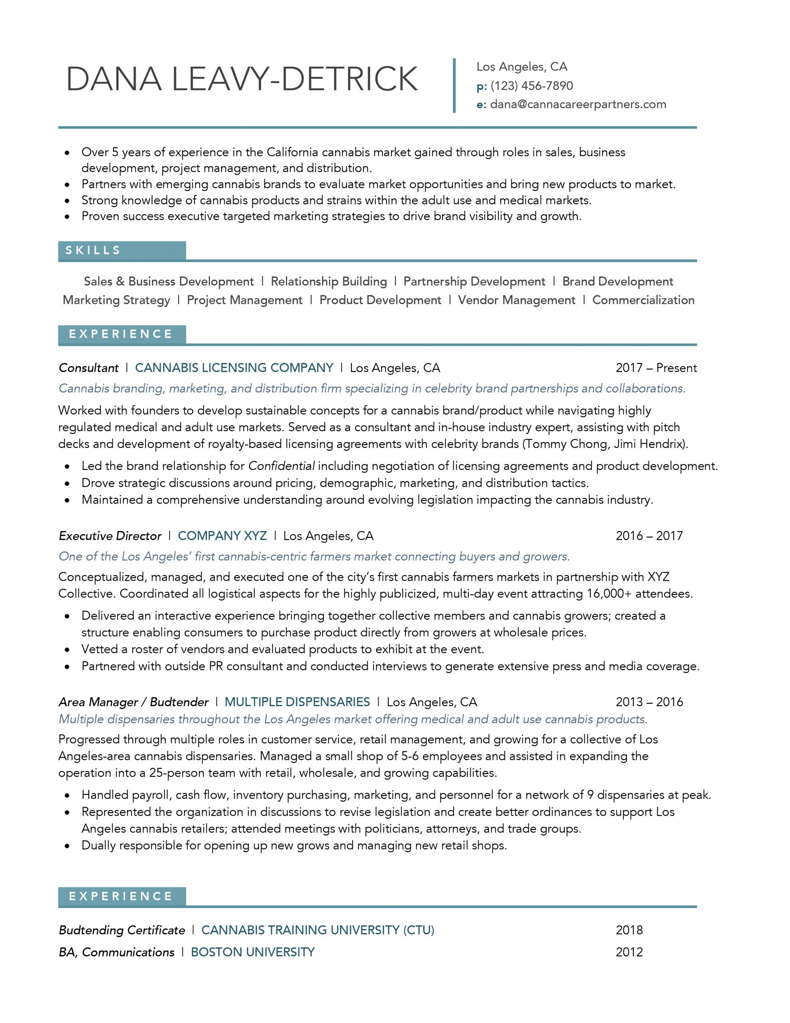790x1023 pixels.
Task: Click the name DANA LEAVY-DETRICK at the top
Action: (x=242, y=79)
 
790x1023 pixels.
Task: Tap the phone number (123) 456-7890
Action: (x=532, y=86)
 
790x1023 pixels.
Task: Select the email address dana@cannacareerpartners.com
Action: (x=578, y=104)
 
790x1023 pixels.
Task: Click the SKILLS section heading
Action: (x=93, y=251)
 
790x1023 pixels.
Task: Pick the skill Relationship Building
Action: (x=329, y=281)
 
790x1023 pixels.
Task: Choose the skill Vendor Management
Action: (x=516, y=300)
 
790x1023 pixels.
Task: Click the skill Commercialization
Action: (x=643, y=300)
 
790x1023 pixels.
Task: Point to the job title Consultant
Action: (x=89, y=368)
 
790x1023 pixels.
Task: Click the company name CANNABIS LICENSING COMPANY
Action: (x=234, y=368)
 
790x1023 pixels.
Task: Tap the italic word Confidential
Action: (x=281, y=466)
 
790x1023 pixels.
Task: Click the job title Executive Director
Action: (x=110, y=536)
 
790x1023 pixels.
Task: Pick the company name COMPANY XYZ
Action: (x=222, y=536)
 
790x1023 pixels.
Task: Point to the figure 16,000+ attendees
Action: (x=639, y=594)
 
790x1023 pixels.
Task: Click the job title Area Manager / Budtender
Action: (x=133, y=702)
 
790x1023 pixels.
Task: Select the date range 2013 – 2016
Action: (x=649, y=702)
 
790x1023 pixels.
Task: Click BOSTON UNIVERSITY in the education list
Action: (x=253, y=952)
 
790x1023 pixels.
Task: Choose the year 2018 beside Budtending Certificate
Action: (x=629, y=930)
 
